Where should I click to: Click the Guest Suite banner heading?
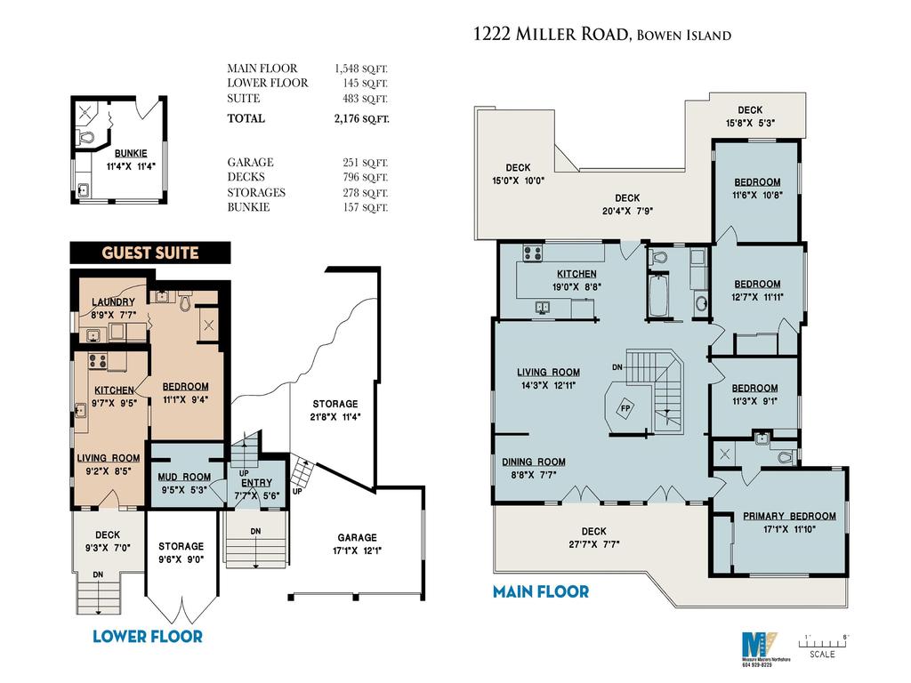149,253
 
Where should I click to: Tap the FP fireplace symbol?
625,408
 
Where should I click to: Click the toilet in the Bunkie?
86,137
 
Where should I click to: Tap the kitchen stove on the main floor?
533,253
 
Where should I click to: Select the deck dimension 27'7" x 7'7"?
594,544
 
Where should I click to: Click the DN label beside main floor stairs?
617,367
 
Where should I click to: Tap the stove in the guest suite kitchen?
97,361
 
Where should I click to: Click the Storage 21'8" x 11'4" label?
335,410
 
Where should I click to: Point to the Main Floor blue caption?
541,591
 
